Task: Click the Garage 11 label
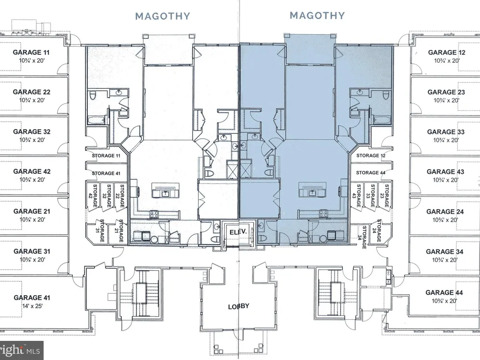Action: coord(31,52)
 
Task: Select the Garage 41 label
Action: coord(32,298)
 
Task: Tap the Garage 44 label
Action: coord(444,292)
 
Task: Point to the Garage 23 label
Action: coord(446,92)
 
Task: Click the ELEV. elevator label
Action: coord(238,232)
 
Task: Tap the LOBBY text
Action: coord(239,306)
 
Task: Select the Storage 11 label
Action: coord(106,156)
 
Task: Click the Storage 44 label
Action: coord(371,173)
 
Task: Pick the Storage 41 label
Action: coord(106,173)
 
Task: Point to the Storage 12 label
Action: coord(371,156)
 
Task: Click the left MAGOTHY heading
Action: coord(163,16)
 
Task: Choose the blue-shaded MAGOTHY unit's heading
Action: coord(317,15)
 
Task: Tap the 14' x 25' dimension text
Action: coord(32,306)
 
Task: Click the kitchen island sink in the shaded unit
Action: coord(312,193)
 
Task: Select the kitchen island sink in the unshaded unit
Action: coord(166,193)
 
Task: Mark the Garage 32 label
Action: coord(32,132)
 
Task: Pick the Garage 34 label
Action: coord(444,252)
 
